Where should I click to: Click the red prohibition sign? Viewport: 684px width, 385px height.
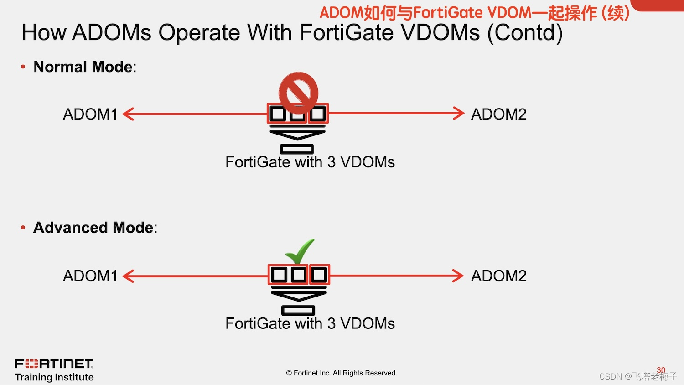click(298, 93)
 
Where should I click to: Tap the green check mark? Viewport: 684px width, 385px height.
click(300, 251)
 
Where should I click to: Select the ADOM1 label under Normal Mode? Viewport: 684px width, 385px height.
click(90, 114)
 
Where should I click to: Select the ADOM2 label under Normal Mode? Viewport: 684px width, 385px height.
click(498, 114)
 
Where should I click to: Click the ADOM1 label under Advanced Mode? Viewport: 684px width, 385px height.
click(90, 276)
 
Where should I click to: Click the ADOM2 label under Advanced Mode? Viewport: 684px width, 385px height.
click(498, 276)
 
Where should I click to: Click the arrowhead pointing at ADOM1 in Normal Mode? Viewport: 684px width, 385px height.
click(128, 114)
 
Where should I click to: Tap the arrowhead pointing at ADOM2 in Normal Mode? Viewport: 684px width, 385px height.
click(459, 113)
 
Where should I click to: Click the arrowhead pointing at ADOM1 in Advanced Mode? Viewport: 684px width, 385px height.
click(128, 276)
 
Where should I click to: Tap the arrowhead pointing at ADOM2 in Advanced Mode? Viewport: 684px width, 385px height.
click(458, 276)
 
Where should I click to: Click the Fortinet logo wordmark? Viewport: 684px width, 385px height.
click(54, 364)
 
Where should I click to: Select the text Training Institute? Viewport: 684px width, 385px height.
click(54, 377)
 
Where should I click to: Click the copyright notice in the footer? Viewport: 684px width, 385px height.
click(342, 373)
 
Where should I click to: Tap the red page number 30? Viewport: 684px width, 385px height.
click(661, 370)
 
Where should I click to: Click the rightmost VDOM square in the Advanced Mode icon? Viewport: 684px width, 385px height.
click(319, 275)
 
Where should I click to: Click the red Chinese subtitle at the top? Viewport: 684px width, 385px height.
click(474, 13)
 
